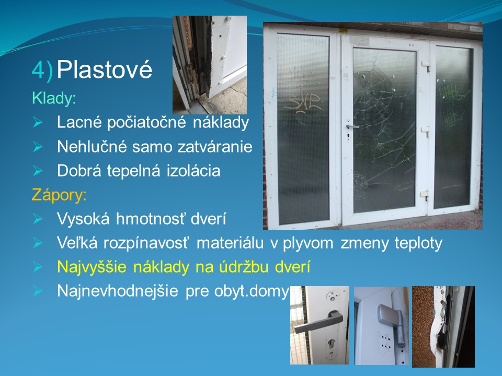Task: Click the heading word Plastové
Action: [105, 69]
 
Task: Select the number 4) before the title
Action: [42, 70]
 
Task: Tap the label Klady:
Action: [54, 98]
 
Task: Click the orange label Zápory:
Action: [59, 195]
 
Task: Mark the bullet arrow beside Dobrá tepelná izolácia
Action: [38, 171]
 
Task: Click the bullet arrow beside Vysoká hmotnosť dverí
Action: [38, 219]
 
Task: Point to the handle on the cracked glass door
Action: [351, 127]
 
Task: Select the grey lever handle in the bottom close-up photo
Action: [318, 322]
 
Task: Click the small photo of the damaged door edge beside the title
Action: [210, 65]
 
